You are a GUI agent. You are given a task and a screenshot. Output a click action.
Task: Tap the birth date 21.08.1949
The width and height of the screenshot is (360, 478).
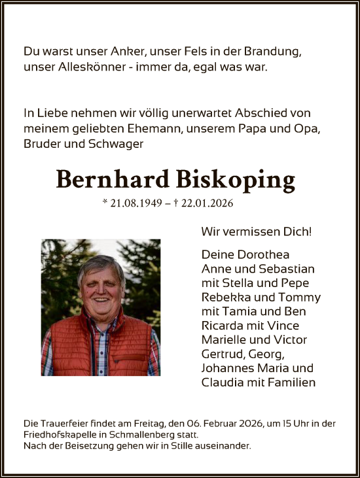pos(135,204)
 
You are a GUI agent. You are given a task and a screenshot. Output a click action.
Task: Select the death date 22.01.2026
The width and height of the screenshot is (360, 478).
pos(209,204)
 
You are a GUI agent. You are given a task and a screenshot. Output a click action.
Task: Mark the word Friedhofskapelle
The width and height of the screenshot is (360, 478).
pos(57,434)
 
